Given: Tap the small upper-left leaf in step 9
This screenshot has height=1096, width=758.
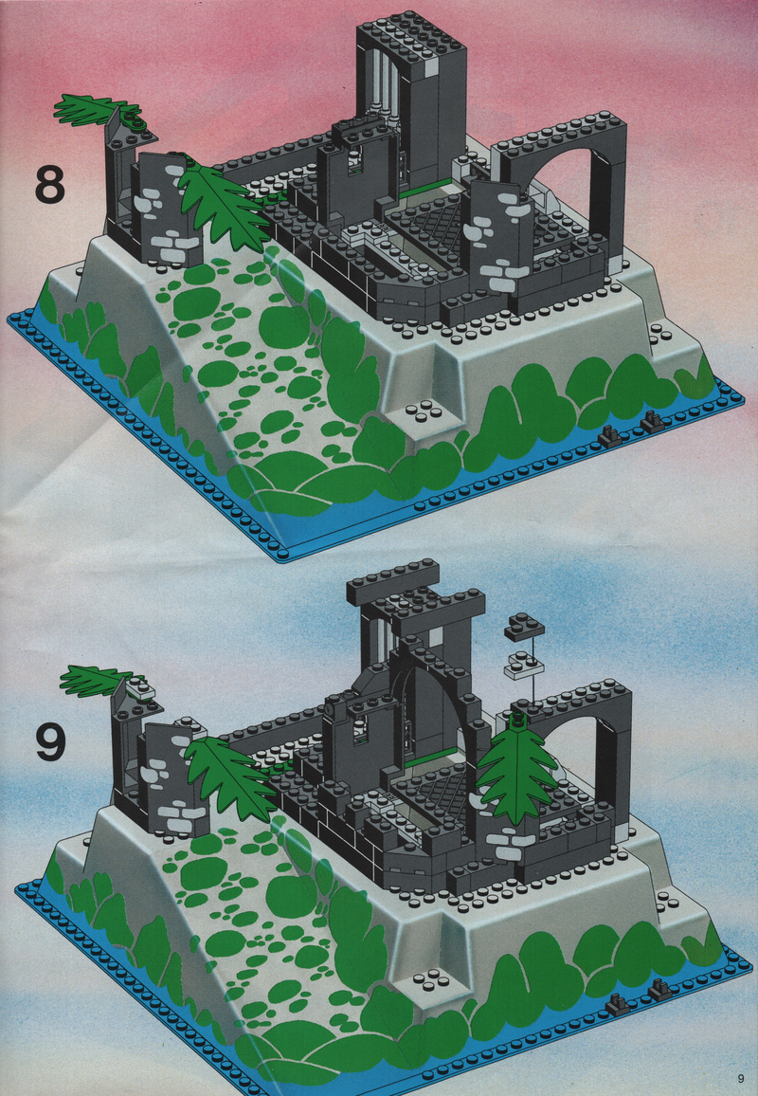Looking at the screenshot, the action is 98,681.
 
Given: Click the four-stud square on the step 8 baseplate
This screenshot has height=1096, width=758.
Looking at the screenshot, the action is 422,412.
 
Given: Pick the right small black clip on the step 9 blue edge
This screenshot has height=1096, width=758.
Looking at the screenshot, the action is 659,988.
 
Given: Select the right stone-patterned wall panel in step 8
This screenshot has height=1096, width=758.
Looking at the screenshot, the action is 499,238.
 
